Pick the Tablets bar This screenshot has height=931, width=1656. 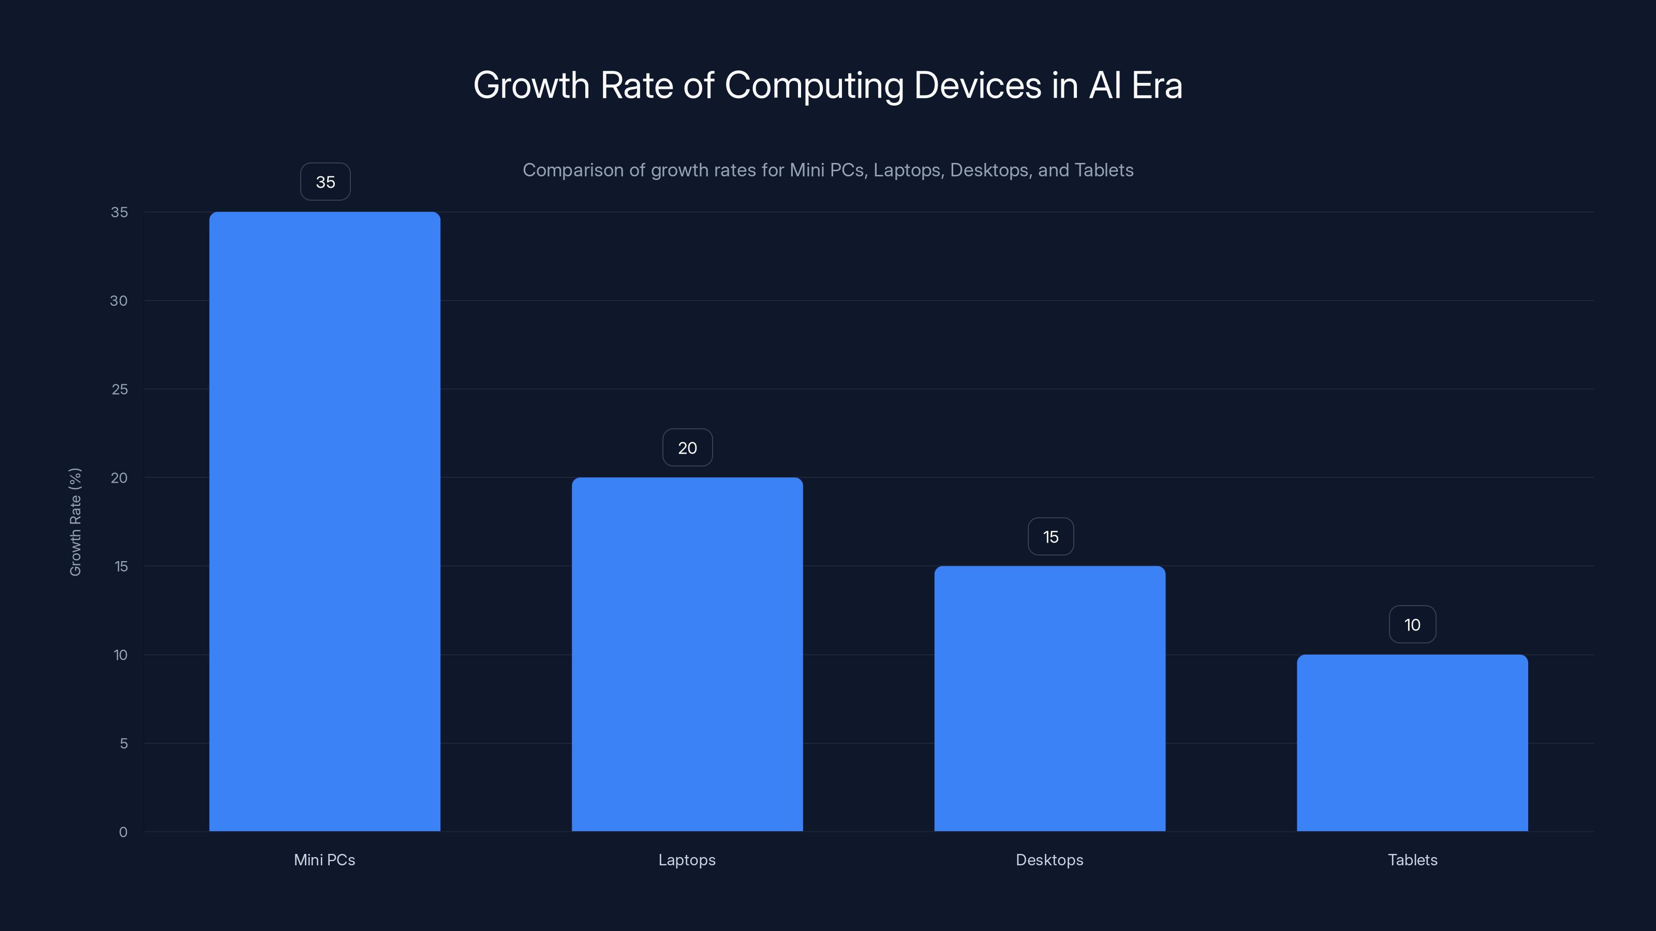[x=1412, y=743]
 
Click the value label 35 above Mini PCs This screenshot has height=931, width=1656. [x=326, y=182]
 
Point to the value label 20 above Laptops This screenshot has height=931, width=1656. [x=687, y=448]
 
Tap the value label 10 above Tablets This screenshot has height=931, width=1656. [x=1412, y=624]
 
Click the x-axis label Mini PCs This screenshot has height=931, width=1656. [x=324, y=860]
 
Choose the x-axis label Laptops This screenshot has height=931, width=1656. [x=687, y=860]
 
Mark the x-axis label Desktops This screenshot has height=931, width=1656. [x=1049, y=860]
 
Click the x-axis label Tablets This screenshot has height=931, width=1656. [x=1412, y=860]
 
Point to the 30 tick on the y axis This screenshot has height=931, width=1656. [x=119, y=301]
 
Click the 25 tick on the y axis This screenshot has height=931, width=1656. [x=120, y=389]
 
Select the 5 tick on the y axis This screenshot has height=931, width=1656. [x=124, y=743]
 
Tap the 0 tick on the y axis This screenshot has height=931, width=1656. [x=124, y=832]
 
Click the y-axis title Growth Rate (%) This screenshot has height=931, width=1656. [x=75, y=522]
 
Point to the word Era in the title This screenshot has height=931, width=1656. [x=1157, y=85]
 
